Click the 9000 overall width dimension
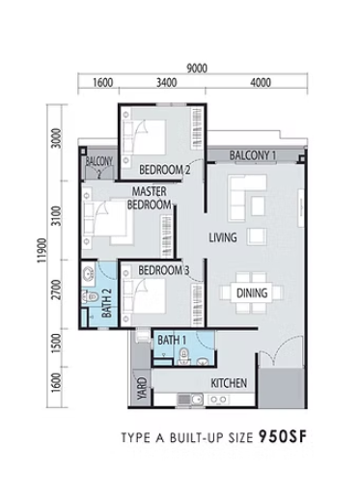click(x=197, y=69)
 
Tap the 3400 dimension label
click(x=167, y=83)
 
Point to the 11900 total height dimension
click(x=42, y=251)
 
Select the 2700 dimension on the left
click(x=56, y=290)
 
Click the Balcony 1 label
click(x=253, y=155)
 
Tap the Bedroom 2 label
click(x=164, y=170)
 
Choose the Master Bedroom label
click(x=150, y=198)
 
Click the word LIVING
click(x=223, y=237)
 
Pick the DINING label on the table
click(x=252, y=293)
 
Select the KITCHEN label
click(x=229, y=383)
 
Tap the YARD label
click(x=142, y=388)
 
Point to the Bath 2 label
click(x=106, y=303)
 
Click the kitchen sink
click(x=190, y=400)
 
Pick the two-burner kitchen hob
click(x=218, y=400)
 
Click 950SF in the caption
click(x=283, y=437)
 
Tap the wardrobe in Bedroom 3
click(x=197, y=304)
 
